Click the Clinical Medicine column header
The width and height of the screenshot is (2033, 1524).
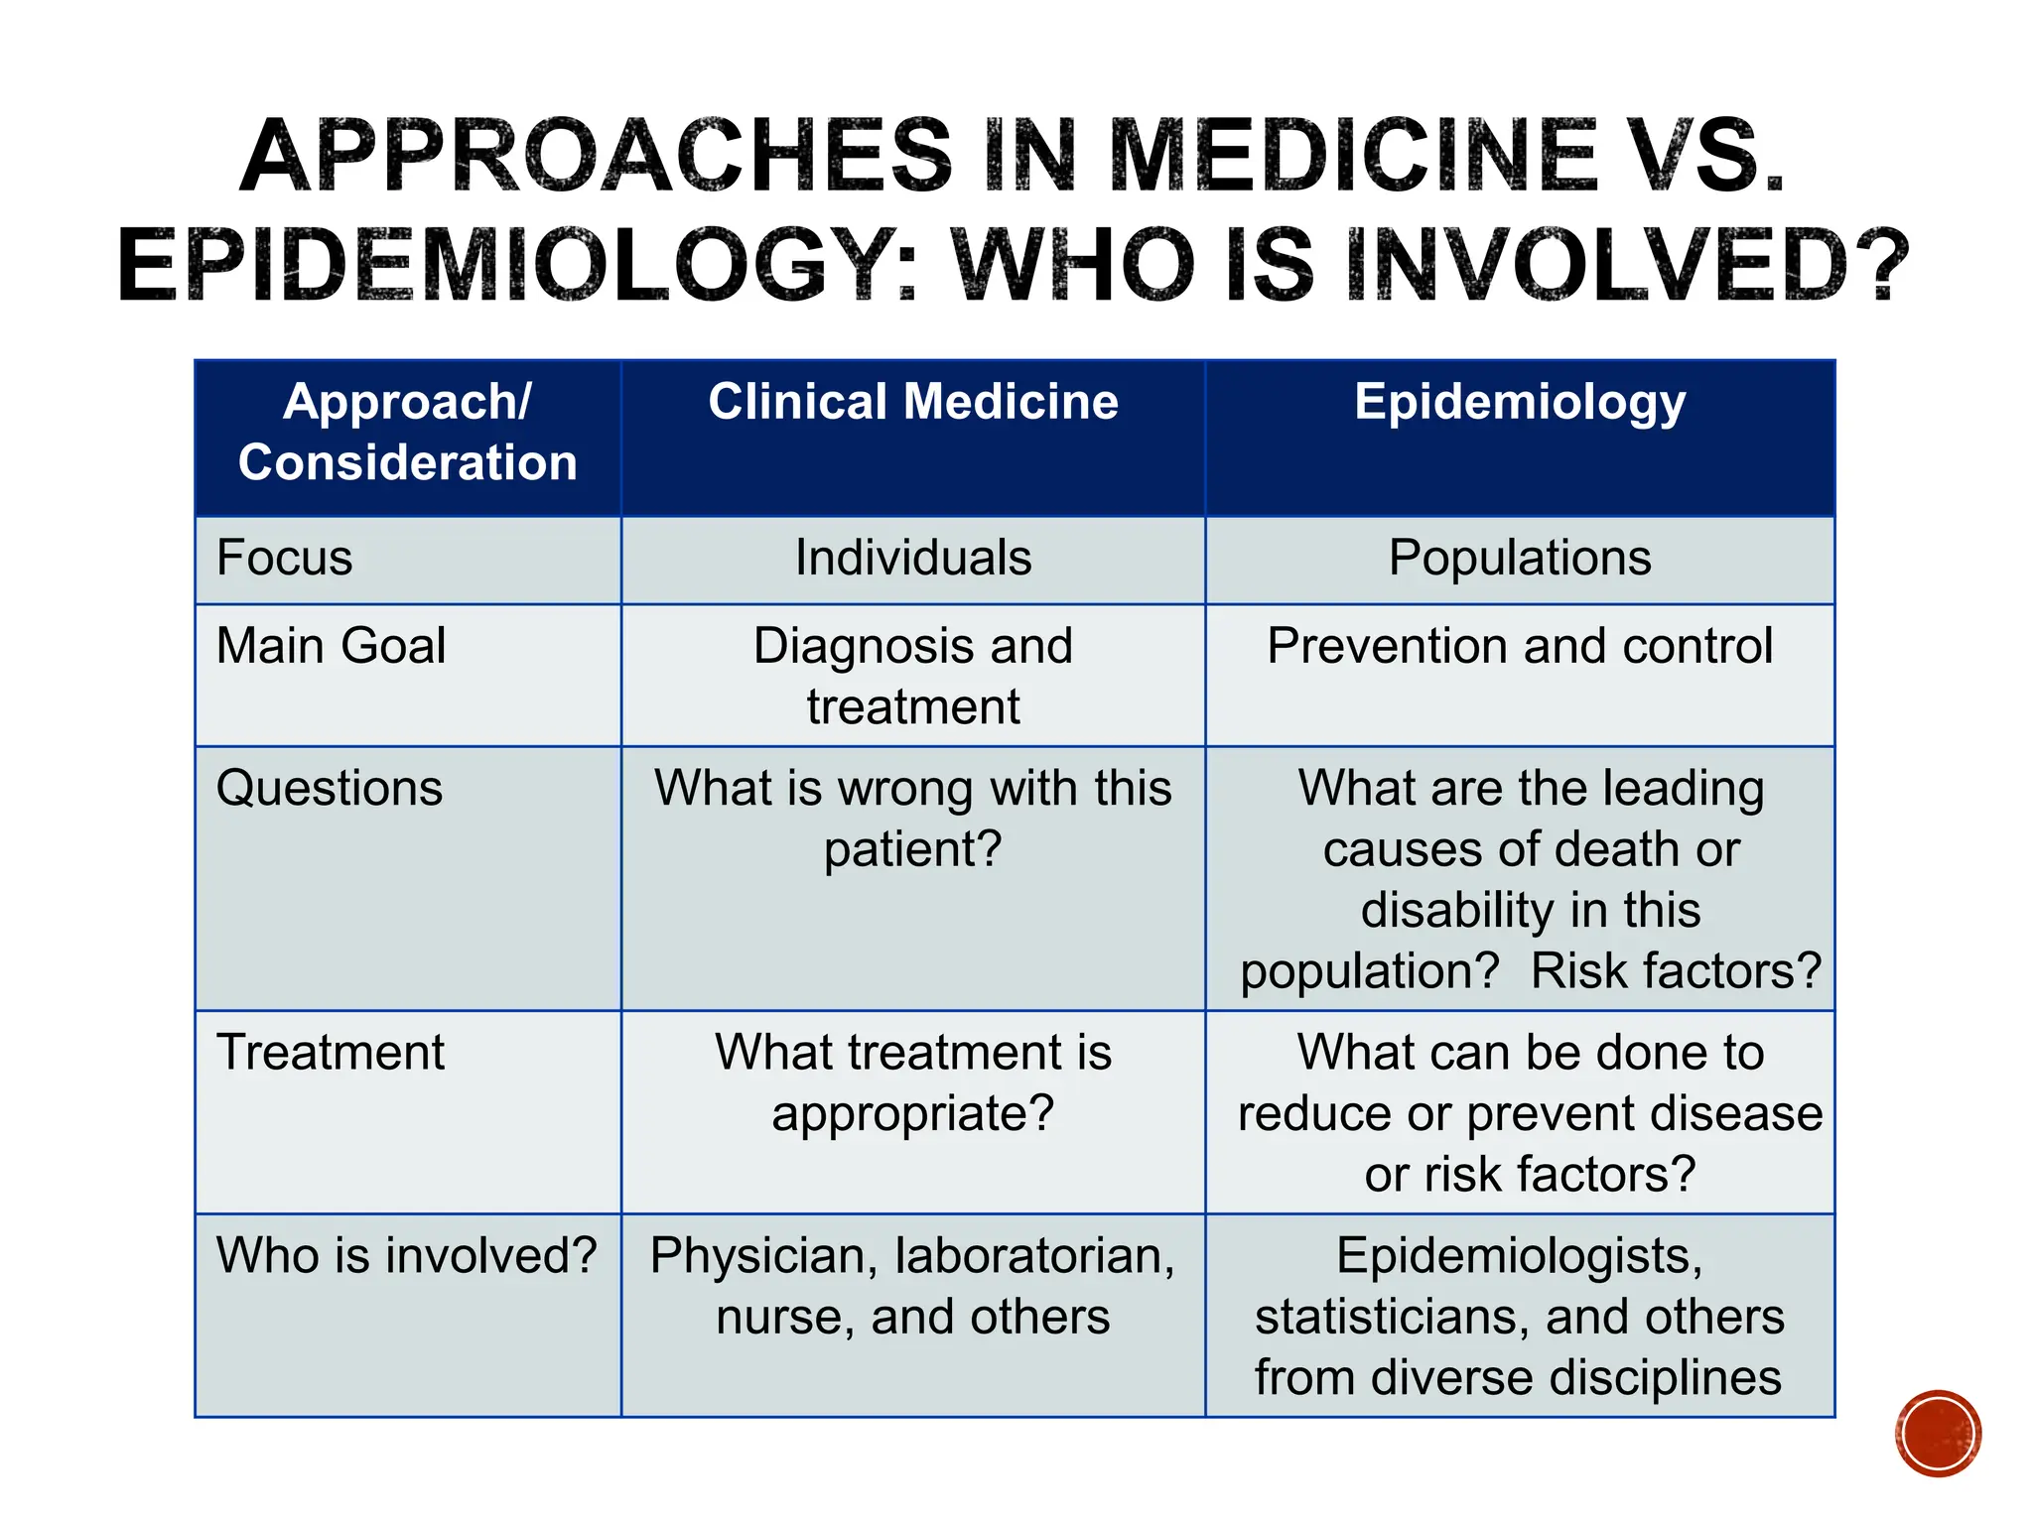click(912, 403)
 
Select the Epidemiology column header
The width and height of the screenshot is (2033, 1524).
click(1520, 403)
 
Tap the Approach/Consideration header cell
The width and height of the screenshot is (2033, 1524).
click(407, 433)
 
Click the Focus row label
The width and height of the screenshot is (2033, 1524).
click(285, 558)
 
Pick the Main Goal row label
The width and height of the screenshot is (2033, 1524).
click(331, 646)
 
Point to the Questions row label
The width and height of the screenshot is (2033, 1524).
click(330, 789)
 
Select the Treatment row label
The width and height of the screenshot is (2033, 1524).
click(331, 1053)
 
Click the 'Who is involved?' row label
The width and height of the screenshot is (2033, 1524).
click(407, 1256)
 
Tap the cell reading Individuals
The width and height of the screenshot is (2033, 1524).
click(912, 558)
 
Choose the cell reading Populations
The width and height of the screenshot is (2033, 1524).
click(1520, 558)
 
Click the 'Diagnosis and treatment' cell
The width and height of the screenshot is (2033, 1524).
click(912, 676)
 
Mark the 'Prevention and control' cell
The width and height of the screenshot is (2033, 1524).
click(1520, 646)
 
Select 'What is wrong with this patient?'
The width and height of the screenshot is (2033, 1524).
click(912, 819)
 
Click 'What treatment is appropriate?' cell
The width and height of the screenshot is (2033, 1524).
click(912, 1082)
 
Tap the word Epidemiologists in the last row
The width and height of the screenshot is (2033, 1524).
click(1520, 1256)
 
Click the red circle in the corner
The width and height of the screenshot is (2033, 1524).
click(1938, 1433)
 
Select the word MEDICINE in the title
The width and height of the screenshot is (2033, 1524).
click(1352, 157)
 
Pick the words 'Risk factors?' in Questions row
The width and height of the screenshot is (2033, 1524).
click(1676, 971)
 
